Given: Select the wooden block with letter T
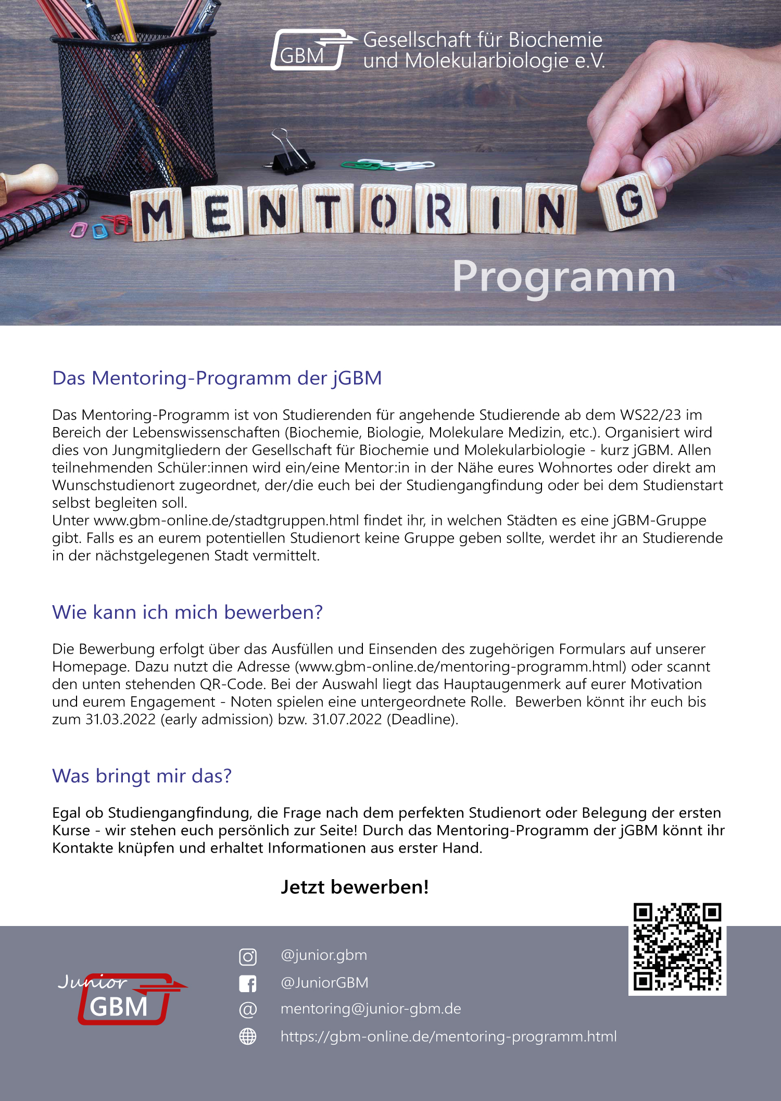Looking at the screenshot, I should click(329, 210).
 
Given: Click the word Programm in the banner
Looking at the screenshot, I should click(564, 277).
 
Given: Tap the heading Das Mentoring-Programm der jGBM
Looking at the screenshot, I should click(217, 378).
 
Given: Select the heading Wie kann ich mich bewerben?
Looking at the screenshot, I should click(187, 612).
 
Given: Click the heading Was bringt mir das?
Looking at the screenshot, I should click(142, 776).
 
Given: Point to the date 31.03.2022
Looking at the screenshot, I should click(120, 719).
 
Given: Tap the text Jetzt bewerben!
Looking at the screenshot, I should click(355, 887).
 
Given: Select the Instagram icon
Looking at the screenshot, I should click(248, 956).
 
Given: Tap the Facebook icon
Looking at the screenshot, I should click(248, 983).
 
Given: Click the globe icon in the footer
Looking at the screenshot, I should click(248, 1036).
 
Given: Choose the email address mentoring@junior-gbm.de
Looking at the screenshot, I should click(371, 1009).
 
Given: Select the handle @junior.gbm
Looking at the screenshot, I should click(324, 955).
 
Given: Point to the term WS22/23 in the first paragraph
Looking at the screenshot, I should click(650, 415).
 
